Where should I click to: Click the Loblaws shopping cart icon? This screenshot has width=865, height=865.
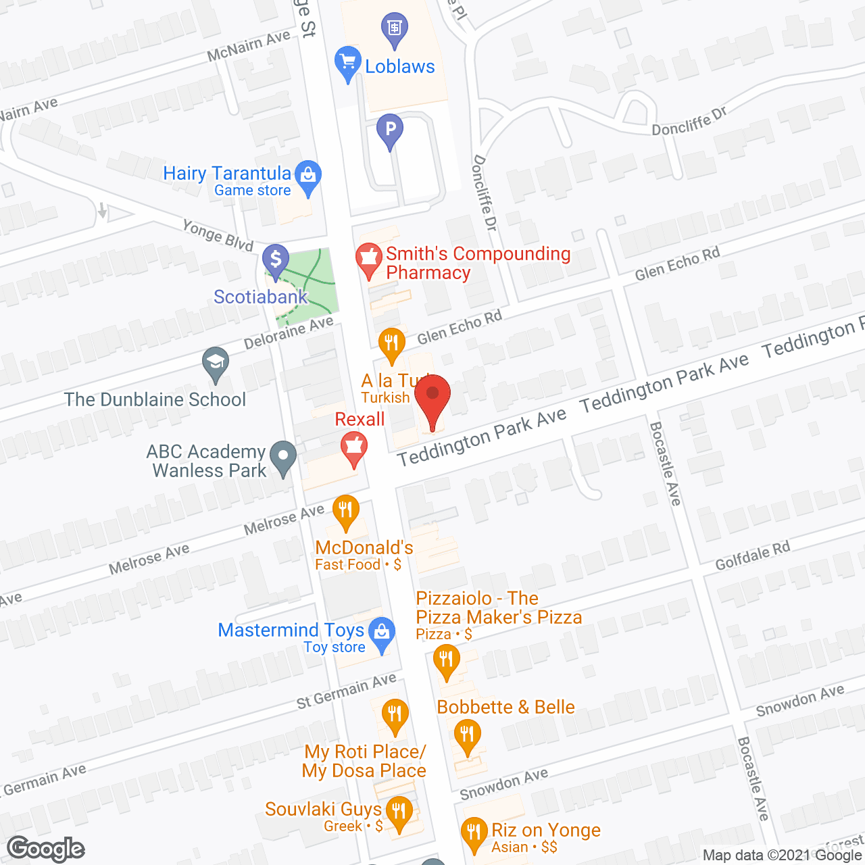[x=348, y=64]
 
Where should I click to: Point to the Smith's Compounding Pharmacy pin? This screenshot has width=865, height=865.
[x=368, y=259]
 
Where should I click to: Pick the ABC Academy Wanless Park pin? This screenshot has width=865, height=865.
[x=283, y=457]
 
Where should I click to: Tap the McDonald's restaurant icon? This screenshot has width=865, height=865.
[x=346, y=511]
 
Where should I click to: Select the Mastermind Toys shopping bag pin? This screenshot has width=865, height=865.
[x=382, y=633]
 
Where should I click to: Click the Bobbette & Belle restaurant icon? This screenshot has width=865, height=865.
[x=467, y=735]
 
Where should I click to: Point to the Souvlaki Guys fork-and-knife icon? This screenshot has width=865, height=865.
[x=399, y=811]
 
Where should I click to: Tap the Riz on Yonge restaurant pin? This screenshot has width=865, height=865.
[x=474, y=833]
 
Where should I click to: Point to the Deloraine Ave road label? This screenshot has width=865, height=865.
[x=289, y=332]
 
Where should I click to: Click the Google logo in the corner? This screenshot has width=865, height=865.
[x=46, y=849]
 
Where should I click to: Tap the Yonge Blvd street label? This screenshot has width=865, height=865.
[x=218, y=234]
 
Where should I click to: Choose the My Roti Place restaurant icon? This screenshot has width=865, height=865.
[x=395, y=715]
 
